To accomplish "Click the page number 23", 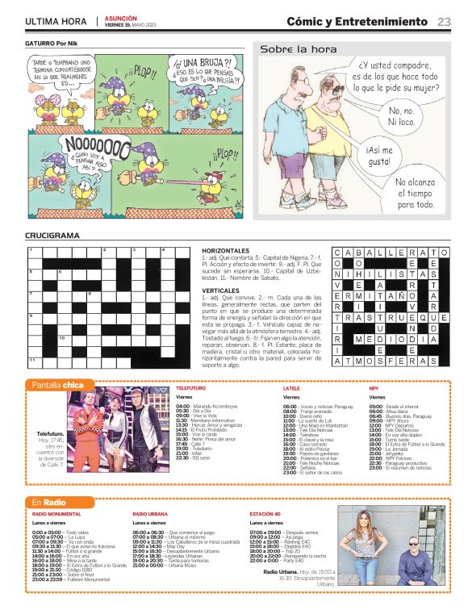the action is pos(444,22).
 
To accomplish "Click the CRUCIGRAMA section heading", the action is pos(52,236).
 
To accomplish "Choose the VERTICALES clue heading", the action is pos(220,290).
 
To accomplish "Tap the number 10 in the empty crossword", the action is pos(62,338).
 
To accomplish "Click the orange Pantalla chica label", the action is pos(57,385).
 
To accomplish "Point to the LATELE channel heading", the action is pos(291,388).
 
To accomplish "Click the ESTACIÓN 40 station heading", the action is pos(265,513).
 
